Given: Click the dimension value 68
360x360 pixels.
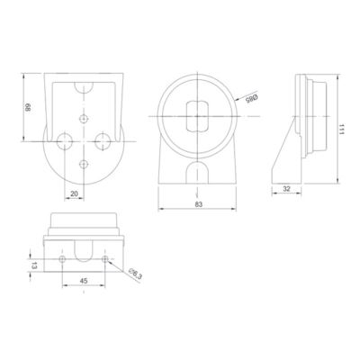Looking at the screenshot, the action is (x=28, y=108).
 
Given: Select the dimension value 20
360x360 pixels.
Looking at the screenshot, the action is (x=74, y=193).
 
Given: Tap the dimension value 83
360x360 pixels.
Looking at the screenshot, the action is (x=199, y=204).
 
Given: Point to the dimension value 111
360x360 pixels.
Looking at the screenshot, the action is (x=341, y=129).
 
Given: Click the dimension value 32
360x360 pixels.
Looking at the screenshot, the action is (x=286, y=189).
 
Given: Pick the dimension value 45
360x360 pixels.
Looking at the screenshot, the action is (x=84, y=281).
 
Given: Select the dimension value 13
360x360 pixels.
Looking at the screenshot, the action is (x=34, y=265).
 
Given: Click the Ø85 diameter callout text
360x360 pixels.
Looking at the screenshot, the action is (x=252, y=98).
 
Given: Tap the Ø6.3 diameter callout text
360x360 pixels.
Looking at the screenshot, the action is (x=135, y=274).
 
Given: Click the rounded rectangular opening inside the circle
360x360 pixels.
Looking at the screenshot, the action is (x=197, y=116).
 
